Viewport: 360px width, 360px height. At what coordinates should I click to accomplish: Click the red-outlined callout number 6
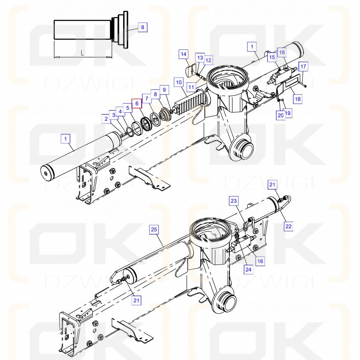click(x=137, y=104)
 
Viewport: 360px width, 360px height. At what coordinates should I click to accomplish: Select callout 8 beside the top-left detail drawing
click(x=142, y=27)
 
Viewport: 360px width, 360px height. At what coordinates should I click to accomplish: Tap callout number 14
click(x=184, y=54)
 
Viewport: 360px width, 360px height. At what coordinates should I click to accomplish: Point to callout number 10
click(x=179, y=82)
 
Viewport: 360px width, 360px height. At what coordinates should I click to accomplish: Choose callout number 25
click(x=154, y=230)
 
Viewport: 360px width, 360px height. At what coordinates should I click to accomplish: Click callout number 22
click(x=289, y=226)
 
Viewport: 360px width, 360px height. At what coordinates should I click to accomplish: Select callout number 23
click(x=233, y=201)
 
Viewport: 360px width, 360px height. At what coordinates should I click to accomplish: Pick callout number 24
click(x=248, y=269)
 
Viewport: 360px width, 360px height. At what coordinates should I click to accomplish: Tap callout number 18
click(x=298, y=99)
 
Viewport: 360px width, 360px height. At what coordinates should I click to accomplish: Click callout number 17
click(x=304, y=67)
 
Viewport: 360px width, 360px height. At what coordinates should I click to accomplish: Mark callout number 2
click(x=106, y=119)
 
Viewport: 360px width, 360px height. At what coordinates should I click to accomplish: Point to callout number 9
click(x=164, y=90)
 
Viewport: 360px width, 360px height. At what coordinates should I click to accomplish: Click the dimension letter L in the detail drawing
click(x=82, y=53)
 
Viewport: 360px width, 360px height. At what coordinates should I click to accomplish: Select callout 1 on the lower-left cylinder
click(x=66, y=139)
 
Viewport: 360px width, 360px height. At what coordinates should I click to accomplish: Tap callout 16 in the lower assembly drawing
click(x=260, y=261)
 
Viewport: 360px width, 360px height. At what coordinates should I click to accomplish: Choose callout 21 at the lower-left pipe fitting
click(x=136, y=301)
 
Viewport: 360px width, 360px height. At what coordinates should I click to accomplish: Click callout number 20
click(x=281, y=115)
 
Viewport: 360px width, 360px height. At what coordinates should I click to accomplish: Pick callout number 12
click(x=208, y=60)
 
